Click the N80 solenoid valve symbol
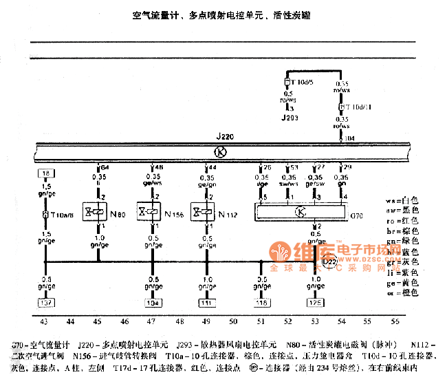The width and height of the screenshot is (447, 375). [x=92, y=211]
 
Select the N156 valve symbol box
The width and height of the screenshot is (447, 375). [x=147, y=211]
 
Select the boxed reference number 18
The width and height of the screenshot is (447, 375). [x=45, y=173]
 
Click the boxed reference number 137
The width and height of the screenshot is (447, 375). [x=45, y=302]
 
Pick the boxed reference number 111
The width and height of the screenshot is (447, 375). [x=207, y=302]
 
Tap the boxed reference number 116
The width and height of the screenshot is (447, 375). [x=261, y=302]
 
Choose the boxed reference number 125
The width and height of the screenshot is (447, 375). [x=315, y=302]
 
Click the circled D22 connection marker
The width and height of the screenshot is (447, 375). [x=329, y=261]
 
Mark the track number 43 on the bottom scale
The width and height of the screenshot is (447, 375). [x=45, y=321]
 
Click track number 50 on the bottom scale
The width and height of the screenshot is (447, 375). [x=234, y=321]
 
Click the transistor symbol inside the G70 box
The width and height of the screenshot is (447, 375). [x=300, y=212]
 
